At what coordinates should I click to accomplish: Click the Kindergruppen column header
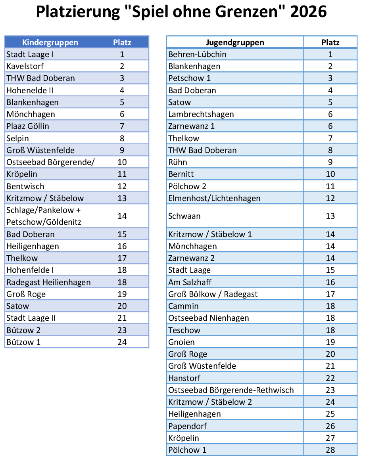click(50, 42)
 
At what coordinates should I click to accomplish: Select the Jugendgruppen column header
click(235, 42)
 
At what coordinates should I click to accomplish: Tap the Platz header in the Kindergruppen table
click(122, 42)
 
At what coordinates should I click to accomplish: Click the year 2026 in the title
click(308, 11)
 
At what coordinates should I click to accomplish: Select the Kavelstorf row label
click(25, 66)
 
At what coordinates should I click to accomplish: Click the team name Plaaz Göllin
click(28, 126)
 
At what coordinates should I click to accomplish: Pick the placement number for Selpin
click(122, 138)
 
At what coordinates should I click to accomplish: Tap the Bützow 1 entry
click(23, 342)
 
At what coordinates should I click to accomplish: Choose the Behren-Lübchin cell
click(197, 54)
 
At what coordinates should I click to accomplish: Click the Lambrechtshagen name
click(201, 114)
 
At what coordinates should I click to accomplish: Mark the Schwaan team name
click(184, 216)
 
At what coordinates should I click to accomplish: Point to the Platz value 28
click(330, 450)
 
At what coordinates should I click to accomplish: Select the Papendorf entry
click(188, 426)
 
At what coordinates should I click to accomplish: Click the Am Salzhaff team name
click(190, 282)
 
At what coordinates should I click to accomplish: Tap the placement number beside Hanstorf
click(330, 378)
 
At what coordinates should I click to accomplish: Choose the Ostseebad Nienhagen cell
click(209, 318)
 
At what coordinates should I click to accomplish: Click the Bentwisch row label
click(25, 186)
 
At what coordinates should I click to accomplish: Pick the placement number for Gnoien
click(330, 342)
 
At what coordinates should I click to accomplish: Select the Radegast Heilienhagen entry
click(49, 282)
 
